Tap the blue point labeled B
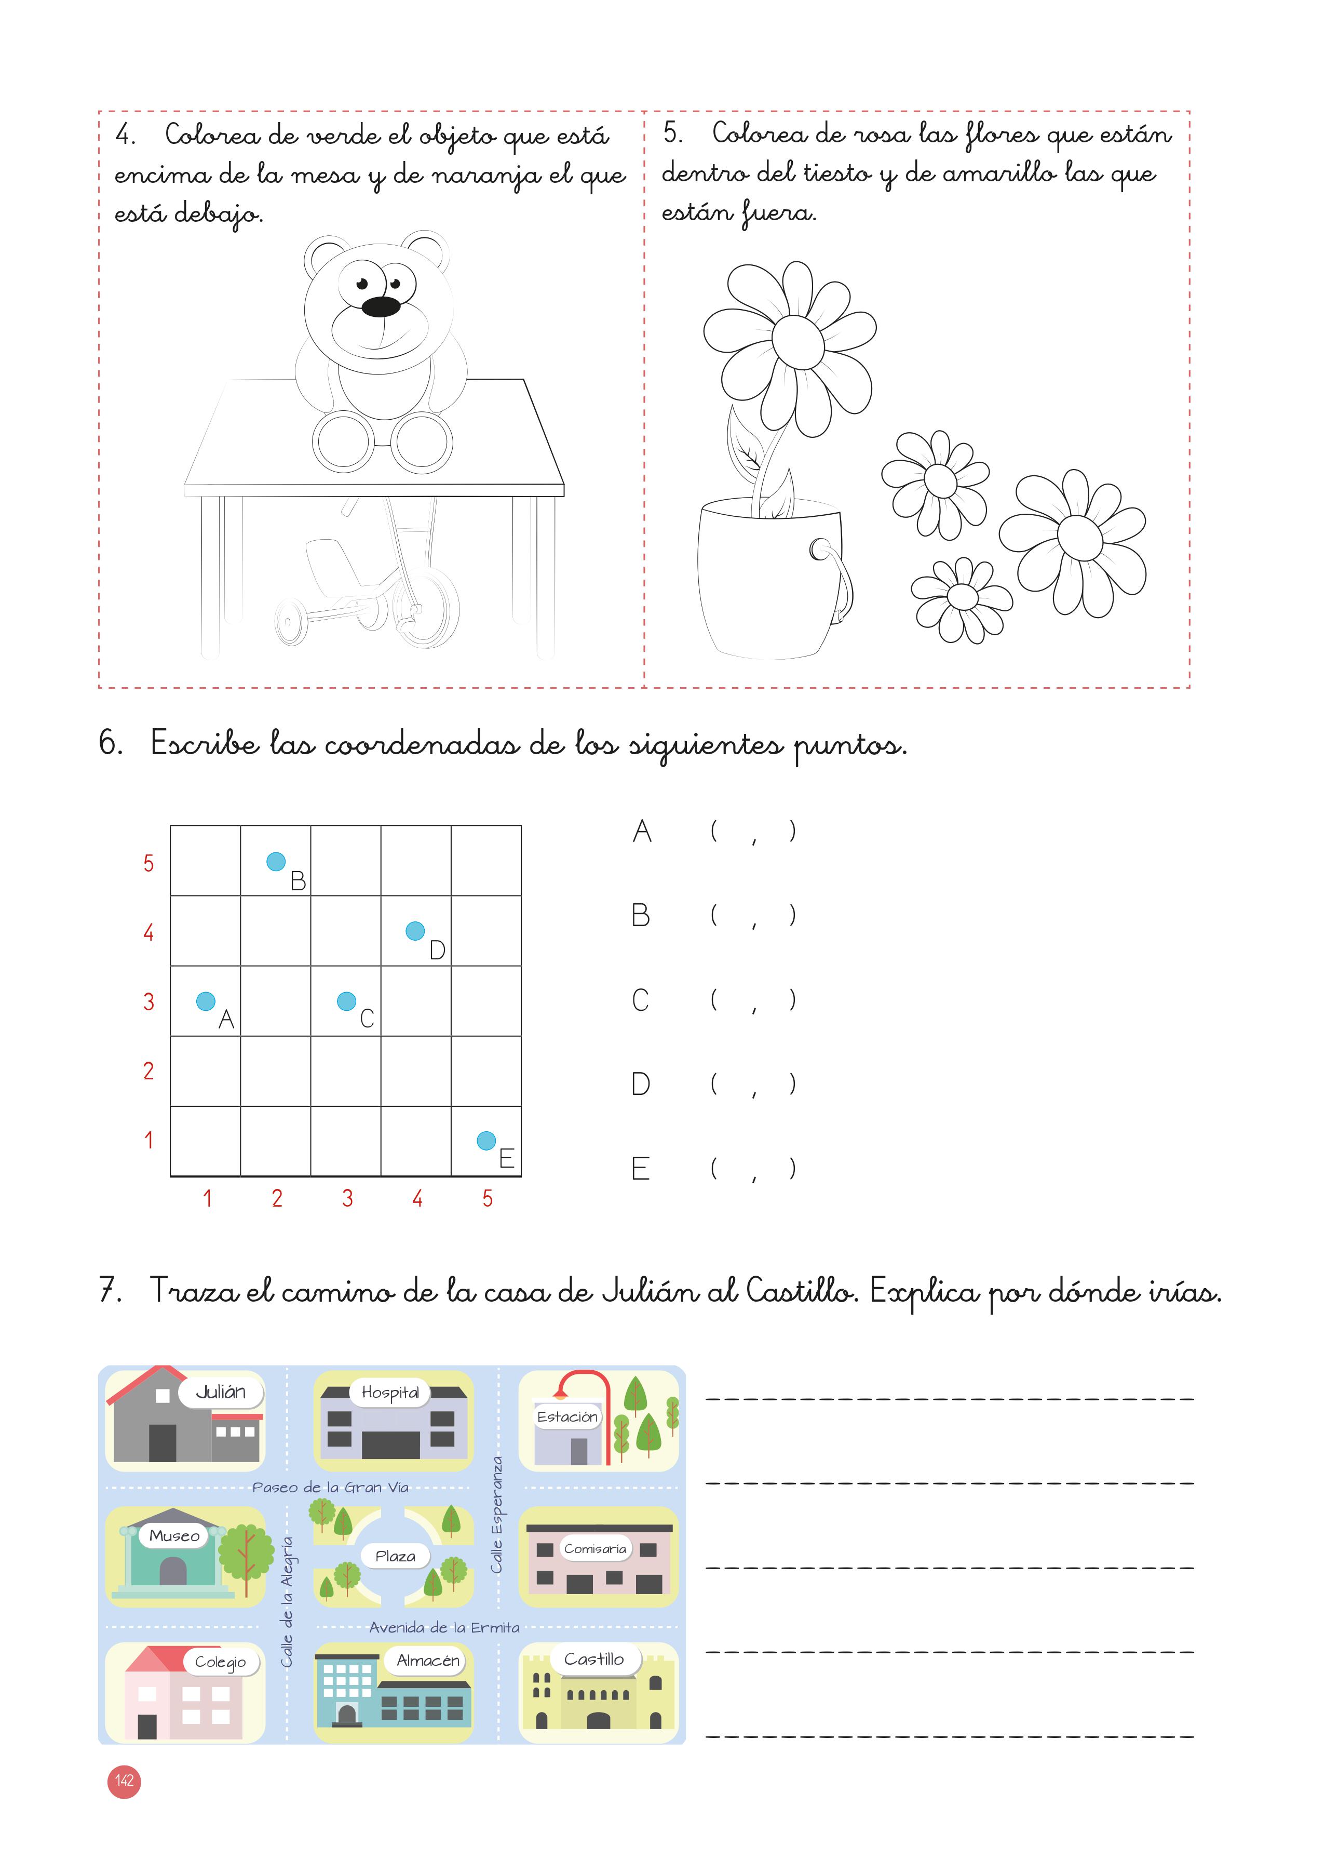[x=276, y=861]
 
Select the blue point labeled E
[x=486, y=1140]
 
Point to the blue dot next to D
[x=415, y=930]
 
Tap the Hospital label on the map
[x=390, y=1392]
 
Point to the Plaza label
[x=395, y=1556]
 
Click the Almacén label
[x=427, y=1660]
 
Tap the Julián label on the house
[x=220, y=1392]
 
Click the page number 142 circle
[x=124, y=1781]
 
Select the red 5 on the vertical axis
[x=148, y=863]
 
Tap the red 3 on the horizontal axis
[x=347, y=1198]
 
